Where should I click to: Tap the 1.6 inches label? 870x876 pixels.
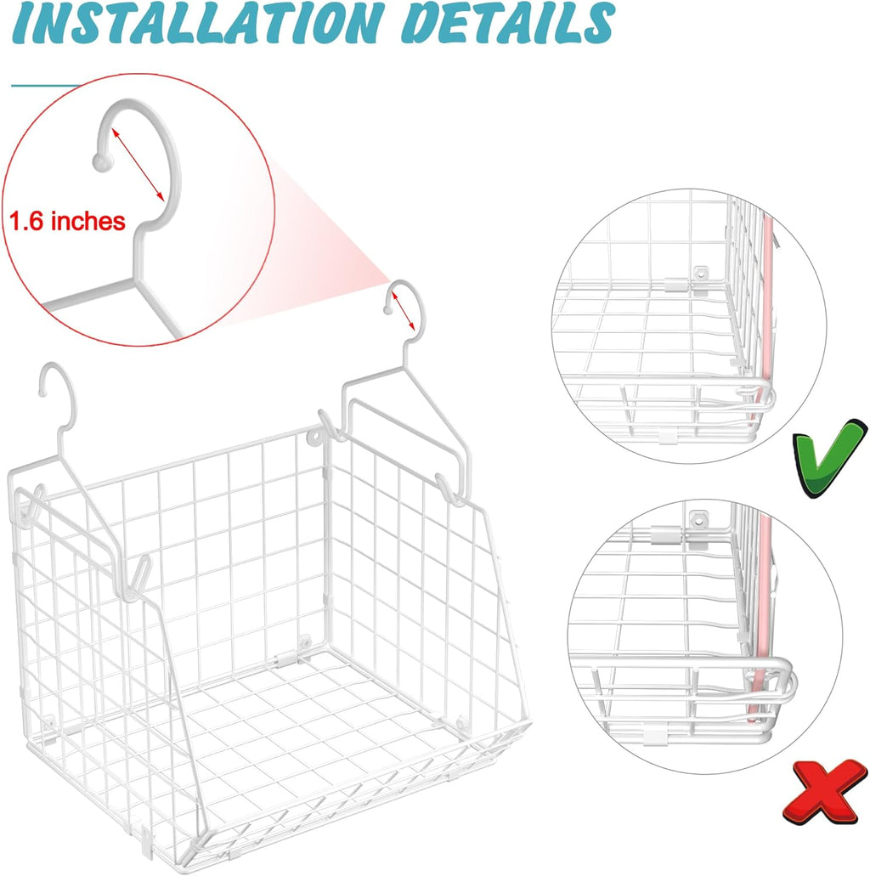click(x=68, y=223)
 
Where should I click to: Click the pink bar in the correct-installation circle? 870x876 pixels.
click(x=770, y=323)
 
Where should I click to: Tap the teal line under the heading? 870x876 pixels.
click(x=47, y=85)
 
